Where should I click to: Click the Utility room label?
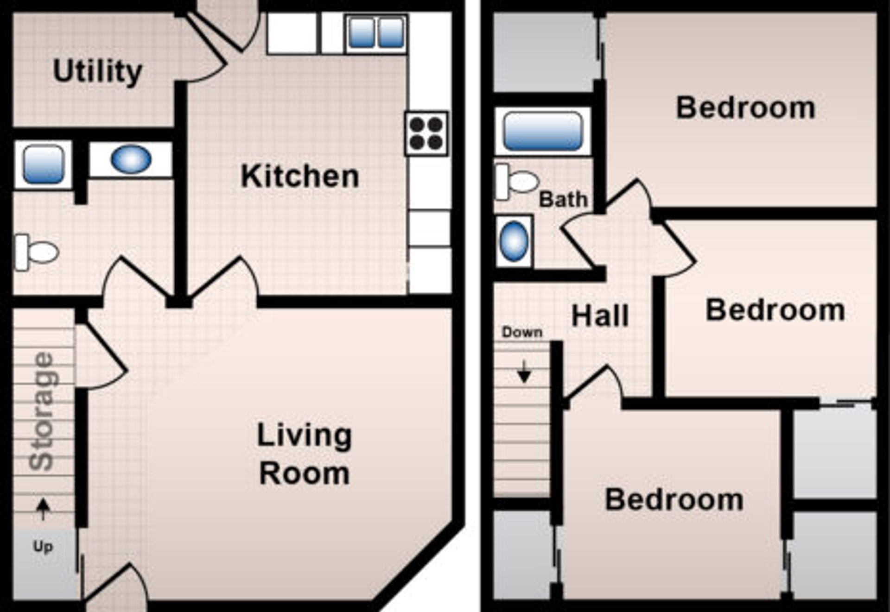[x=97, y=72]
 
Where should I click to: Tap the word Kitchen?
[x=300, y=177]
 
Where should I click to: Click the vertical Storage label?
[x=43, y=411]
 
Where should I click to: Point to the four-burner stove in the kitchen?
[x=426, y=133]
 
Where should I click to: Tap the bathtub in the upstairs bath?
[x=542, y=131]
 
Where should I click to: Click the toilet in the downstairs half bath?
[x=37, y=252]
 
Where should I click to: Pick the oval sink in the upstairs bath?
[x=514, y=241]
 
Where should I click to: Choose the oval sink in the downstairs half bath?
[x=131, y=159]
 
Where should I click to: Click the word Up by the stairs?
[x=43, y=547]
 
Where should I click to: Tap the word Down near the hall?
[x=522, y=332]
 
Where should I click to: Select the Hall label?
[x=600, y=316]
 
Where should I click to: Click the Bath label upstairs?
[x=563, y=200]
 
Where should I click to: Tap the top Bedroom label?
[x=745, y=107]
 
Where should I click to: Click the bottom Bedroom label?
[x=674, y=499]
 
